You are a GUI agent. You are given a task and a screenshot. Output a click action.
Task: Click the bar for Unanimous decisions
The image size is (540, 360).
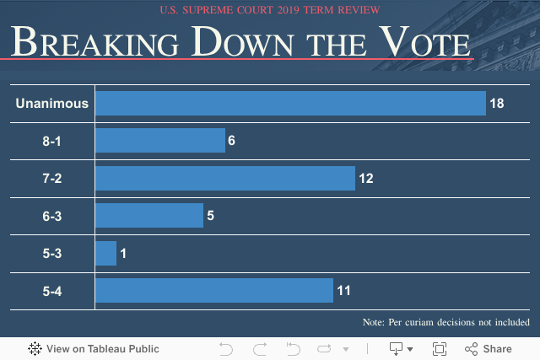click(290, 103)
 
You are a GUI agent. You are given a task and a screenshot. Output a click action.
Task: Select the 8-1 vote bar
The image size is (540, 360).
click(159, 141)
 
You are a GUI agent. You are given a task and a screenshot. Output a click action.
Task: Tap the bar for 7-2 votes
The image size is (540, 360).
click(224, 178)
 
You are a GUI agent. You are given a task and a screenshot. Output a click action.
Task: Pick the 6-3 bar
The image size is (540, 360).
click(148, 216)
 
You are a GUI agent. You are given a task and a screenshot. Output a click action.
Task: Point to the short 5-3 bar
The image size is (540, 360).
click(105, 254)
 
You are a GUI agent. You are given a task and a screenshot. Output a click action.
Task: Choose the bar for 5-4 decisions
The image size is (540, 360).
click(213, 291)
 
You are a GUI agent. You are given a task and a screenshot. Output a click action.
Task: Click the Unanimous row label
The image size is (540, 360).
click(51, 104)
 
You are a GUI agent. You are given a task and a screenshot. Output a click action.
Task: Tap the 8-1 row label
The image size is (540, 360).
click(51, 141)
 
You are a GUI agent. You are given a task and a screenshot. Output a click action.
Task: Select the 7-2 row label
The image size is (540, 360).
click(51, 179)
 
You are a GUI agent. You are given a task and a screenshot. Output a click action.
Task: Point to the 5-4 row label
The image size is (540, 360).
click(51, 292)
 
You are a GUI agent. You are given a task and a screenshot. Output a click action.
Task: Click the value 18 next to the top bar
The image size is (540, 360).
click(496, 104)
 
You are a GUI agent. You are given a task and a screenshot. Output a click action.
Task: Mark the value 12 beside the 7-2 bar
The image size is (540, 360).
click(365, 179)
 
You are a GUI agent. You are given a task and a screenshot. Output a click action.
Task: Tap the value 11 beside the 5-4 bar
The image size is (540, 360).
click(343, 292)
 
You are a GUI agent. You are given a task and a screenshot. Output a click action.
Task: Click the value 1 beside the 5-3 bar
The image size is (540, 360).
click(123, 254)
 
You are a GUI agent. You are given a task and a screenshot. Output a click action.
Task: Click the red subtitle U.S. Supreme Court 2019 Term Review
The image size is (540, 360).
click(269, 10)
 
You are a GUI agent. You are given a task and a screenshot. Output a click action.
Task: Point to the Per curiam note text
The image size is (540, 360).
click(445, 322)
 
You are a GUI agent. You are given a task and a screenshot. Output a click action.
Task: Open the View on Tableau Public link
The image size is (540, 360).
click(94, 348)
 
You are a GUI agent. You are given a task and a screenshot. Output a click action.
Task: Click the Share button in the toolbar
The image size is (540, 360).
click(489, 348)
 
